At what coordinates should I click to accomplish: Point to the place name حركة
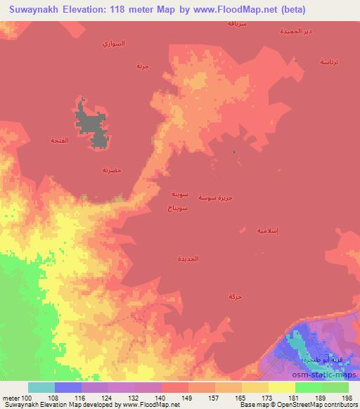pyautogui.click(x=234, y=297)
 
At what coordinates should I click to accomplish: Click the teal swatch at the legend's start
pyautogui.click(x=41, y=387)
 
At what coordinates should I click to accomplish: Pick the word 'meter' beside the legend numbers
pyautogui.click(x=11, y=398)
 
